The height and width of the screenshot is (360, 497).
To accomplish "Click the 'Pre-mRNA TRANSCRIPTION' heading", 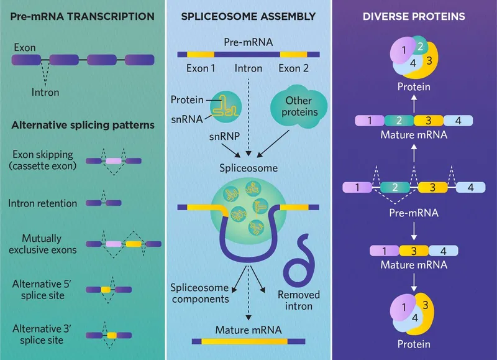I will [x=83, y=16].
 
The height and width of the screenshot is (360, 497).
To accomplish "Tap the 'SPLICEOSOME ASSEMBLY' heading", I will [x=248, y=16].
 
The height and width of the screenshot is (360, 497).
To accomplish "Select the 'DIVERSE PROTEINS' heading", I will [x=414, y=16].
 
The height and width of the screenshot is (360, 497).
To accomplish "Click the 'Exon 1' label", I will [x=201, y=68].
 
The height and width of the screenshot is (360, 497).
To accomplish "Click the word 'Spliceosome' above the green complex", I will [x=248, y=168].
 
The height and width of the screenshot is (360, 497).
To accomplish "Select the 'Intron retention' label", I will [x=43, y=203].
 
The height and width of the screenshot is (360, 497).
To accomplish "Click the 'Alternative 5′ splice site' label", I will [x=38, y=289].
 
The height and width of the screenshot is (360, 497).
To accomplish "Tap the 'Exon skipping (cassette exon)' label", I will [x=43, y=160].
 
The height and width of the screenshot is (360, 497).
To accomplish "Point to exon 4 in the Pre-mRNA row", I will [x=471, y=187].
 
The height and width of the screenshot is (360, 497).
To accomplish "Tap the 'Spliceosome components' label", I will [x=199, y=293].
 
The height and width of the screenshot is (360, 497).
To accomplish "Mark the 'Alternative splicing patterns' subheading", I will [x=83, y=125].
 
